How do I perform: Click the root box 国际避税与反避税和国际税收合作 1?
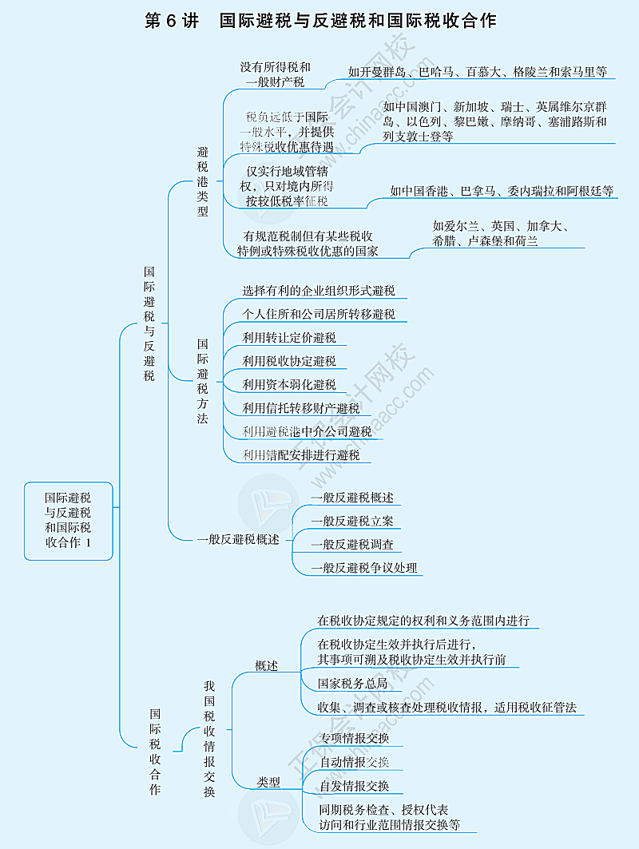coord(68,520)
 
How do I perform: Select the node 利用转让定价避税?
coord(289,338)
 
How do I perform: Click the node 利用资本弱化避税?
coord(289,385)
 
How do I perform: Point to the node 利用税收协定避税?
coord(289,361)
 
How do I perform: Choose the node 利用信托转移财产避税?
coord(301,409)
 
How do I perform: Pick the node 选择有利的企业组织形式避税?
coord(319,291)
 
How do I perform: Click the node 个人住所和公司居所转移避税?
coord(319,314)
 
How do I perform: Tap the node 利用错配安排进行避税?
coord(301,455)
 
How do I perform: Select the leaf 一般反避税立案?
coord(352,522)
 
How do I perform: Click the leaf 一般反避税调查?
coord(352,545)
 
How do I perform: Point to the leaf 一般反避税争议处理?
coord(364,568)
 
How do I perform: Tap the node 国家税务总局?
coord(352,684)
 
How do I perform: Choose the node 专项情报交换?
coord(355,738)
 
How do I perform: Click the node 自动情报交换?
coord(355,762)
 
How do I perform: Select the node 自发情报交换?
coord(355,786)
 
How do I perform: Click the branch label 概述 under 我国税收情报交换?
coord(267,665)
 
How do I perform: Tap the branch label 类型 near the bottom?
coord(268,783)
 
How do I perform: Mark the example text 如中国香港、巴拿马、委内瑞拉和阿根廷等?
coord(502,191)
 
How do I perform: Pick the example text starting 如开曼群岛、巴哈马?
coord(478,71)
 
